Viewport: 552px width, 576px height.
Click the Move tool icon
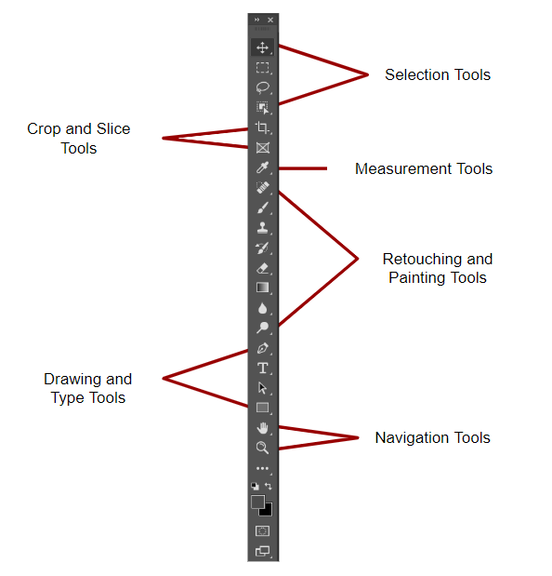tap(262, 47)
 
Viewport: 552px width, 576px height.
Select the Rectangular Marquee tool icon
tap(262, 68)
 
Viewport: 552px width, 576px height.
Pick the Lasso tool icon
tap(262, 87)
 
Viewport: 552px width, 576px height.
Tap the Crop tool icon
tap(262, 127)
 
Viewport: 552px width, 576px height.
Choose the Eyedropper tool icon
tap(262, 167)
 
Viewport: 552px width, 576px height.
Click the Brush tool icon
tap(263, 208)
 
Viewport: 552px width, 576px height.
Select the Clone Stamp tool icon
tap(262, 228)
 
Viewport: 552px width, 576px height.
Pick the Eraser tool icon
tap(263, 268)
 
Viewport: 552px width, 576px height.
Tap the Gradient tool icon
tap(262, 288)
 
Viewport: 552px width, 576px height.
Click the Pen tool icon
tap(263, 348)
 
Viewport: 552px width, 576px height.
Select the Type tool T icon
tap(263, 368)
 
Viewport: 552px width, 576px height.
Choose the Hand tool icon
tap(262, 428)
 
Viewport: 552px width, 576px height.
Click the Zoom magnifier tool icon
tap(262, 448)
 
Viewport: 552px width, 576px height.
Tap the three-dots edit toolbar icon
tap(262, 468)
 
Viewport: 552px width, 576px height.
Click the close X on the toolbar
tap(270, 20)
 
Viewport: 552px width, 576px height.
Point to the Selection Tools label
tap(438, 74)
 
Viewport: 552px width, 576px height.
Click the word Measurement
tap(403, 168)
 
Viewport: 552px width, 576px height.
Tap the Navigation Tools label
tap(433, 438)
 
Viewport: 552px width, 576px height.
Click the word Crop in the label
tap(44, 129)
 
